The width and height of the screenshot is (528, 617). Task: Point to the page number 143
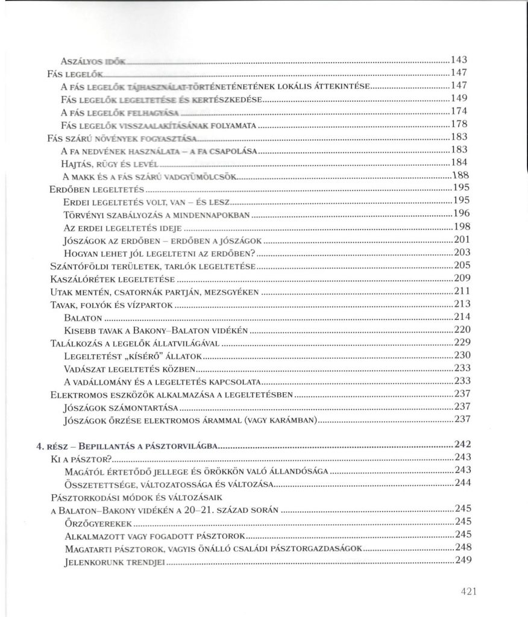(x=460, y=60)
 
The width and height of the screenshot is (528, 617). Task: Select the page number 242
(x=461, y=446)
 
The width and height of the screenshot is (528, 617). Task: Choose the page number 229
(x=461, y=343)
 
